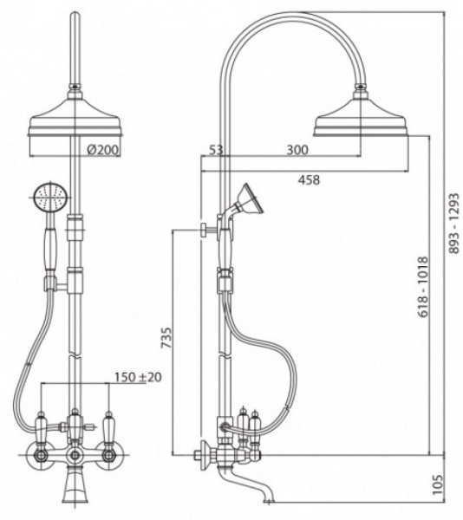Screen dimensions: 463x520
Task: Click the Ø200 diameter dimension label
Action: coord(102,150)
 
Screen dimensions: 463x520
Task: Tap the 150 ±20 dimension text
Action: coord(138,377)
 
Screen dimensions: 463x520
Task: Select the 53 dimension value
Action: coord(216,150)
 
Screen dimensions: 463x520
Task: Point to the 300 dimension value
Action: coord(297,150)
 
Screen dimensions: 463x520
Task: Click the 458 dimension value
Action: coord(309,179)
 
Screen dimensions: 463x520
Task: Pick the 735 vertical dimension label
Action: coord(166,338)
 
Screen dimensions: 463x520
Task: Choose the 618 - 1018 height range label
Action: coord(423,287)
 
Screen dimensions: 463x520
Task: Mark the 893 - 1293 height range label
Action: coord(453,224)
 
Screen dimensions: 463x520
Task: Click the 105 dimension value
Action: coord(438,484)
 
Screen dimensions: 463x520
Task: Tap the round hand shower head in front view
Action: coord(51,198)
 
